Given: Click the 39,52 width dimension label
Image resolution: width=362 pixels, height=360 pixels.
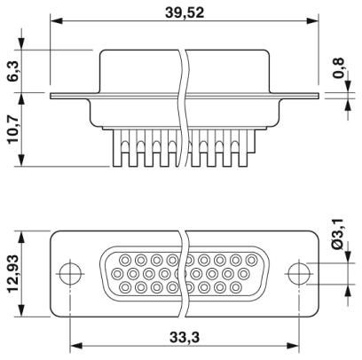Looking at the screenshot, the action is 185,12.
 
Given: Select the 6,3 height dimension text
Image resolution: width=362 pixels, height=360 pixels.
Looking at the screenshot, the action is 13,71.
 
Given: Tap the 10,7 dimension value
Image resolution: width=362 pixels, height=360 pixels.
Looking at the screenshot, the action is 13,129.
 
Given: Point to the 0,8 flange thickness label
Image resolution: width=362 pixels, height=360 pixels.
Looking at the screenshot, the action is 338,68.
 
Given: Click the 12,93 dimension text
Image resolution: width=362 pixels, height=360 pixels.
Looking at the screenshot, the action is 13,274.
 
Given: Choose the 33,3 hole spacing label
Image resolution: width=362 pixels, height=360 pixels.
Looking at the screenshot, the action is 185,337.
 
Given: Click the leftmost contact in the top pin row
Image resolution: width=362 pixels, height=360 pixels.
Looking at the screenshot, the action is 125,261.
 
